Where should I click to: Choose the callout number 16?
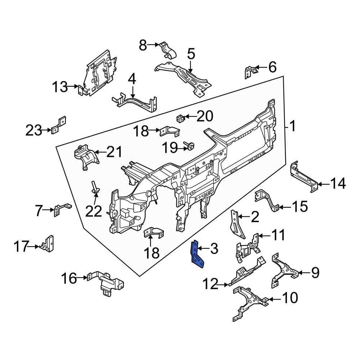point(69,278)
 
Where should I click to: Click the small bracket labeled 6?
point(249,71)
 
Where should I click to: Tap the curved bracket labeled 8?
point(168,50)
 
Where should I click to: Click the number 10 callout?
point(290,298)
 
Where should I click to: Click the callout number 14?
point(338,184)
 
